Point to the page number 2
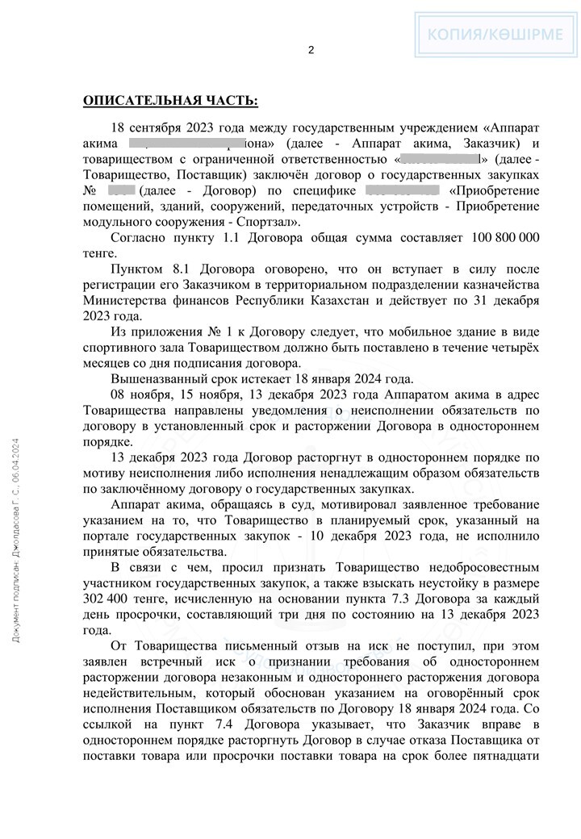[x=311, y=50]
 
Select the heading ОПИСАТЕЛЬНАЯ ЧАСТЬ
[x=170, y=101]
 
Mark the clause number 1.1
[x=227, y=238]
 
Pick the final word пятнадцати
[x=501, y=760]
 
